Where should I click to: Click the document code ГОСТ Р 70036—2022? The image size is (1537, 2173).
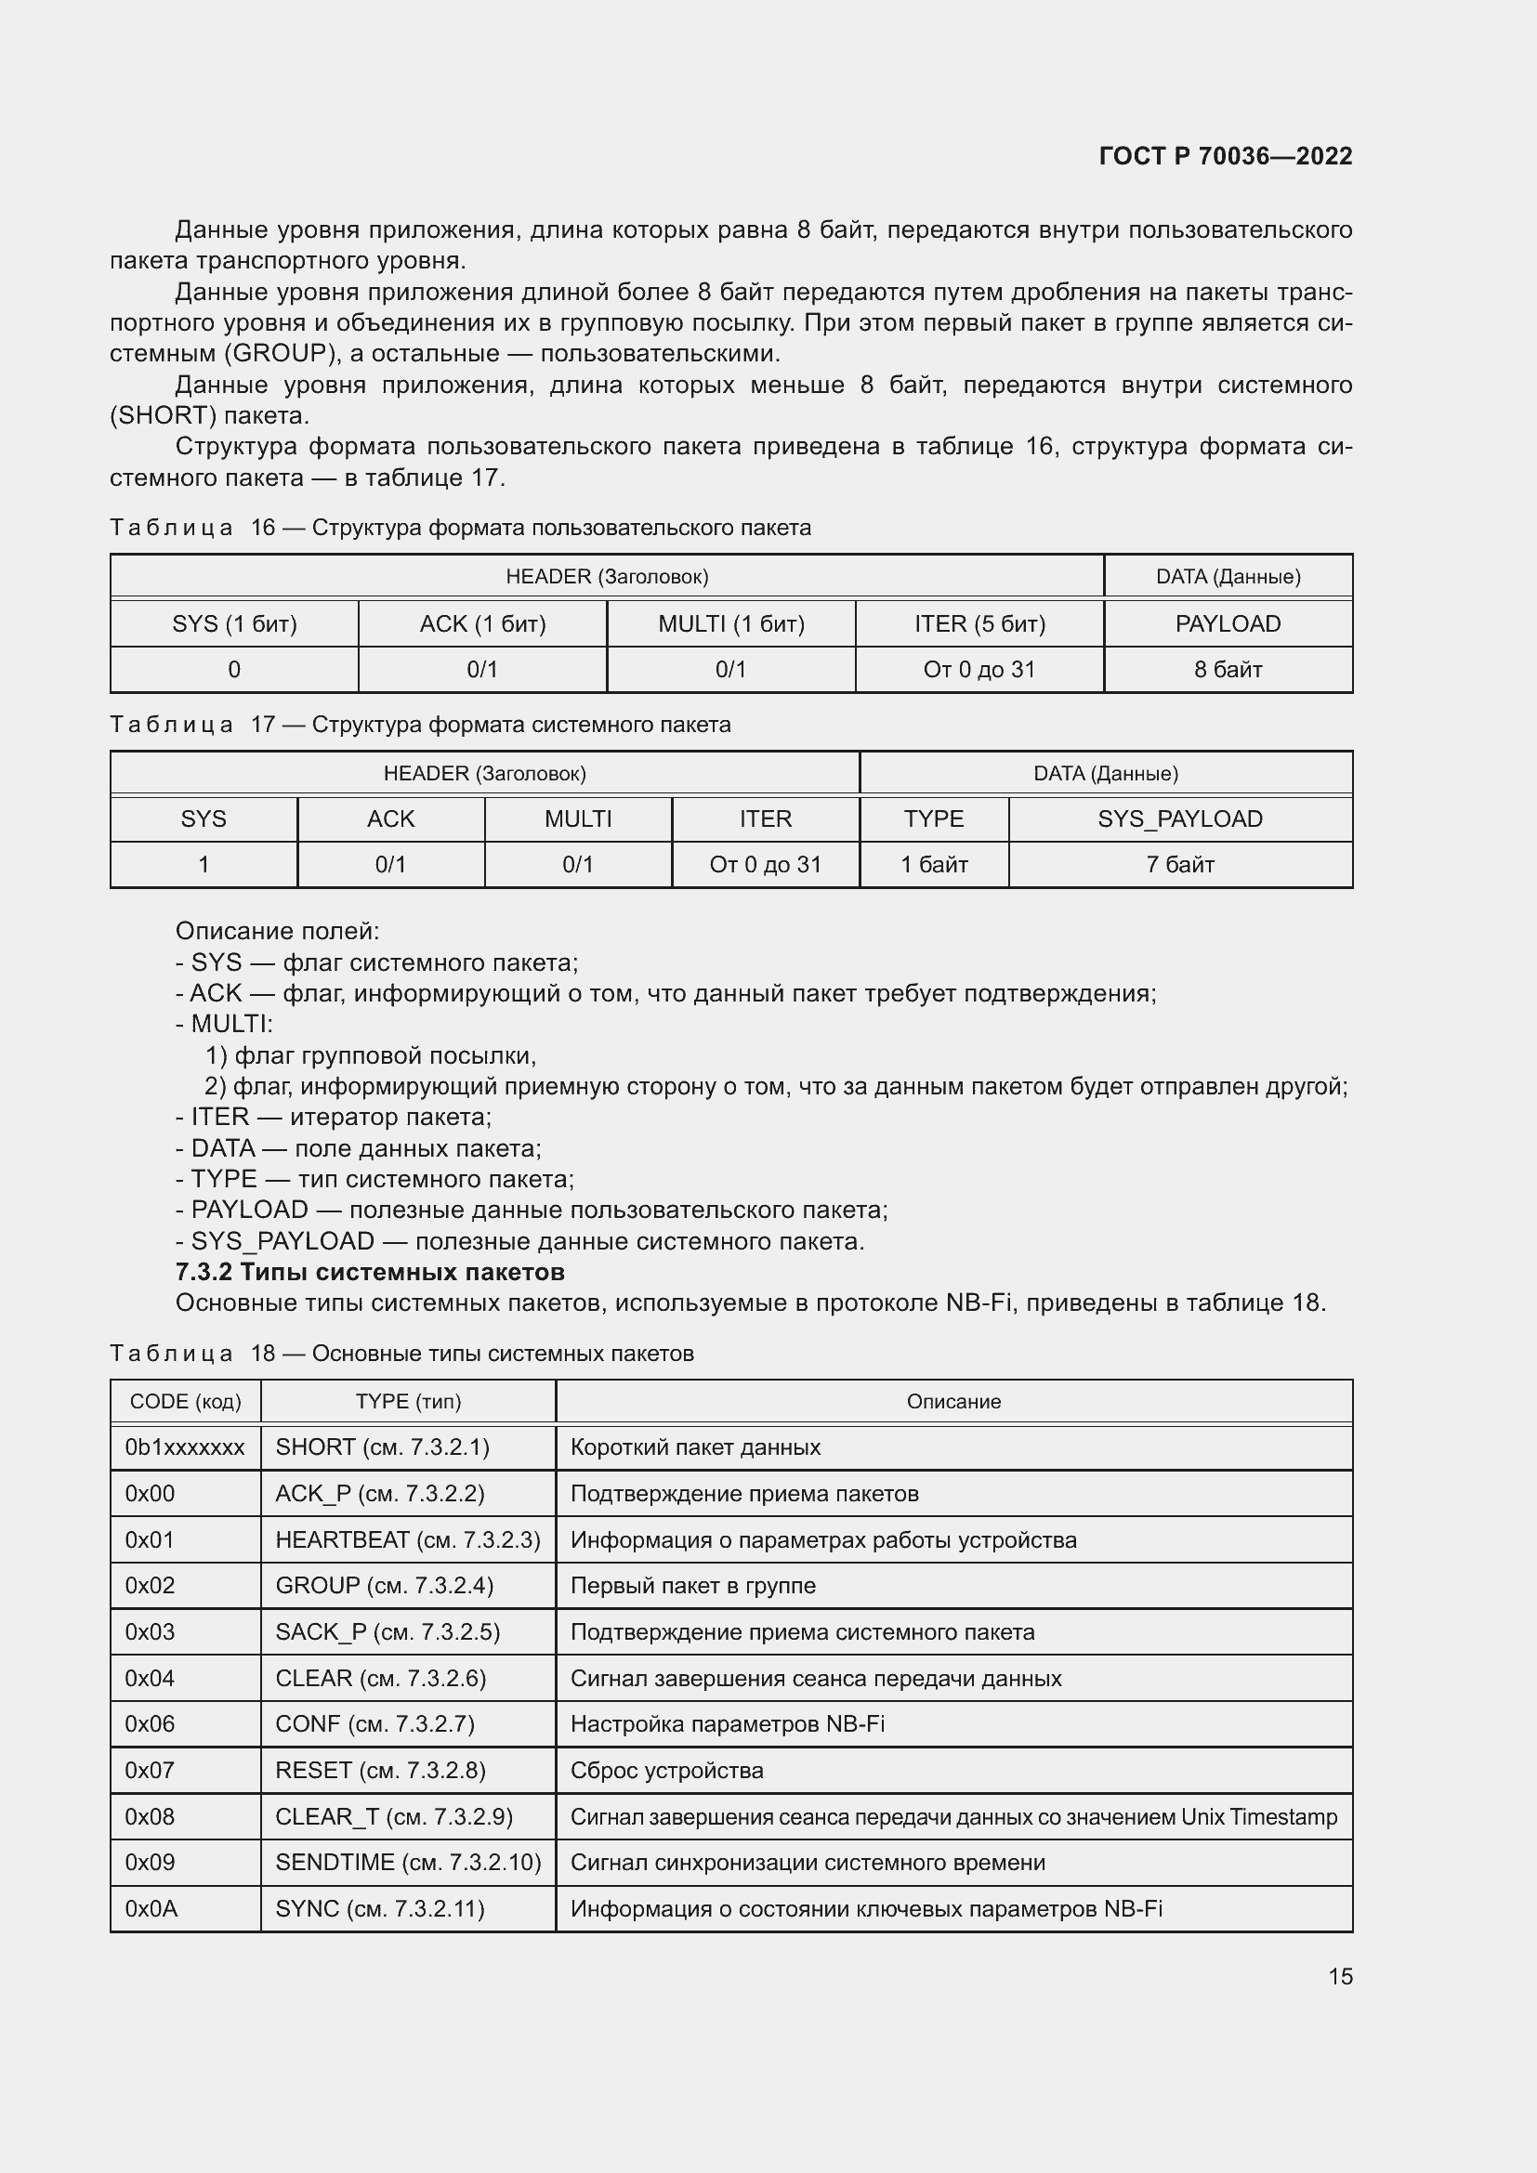(1225, 156)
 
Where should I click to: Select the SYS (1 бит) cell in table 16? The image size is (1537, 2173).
(234, 623)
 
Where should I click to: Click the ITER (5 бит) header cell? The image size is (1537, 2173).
(979, 623)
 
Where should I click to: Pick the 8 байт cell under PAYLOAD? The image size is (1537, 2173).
(1228, 669)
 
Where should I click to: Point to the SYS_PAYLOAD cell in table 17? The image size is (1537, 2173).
(1179, 818)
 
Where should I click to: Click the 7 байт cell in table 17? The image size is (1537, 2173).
(1179, 864)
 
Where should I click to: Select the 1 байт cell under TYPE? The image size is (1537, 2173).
(933, 864)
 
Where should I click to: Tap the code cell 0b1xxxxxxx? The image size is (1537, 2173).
(185, 1447)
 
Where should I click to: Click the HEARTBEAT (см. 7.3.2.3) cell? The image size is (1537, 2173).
(407, 1539)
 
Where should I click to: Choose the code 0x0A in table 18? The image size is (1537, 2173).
(151, 1909)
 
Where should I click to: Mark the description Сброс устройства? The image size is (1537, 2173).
(666, 1770)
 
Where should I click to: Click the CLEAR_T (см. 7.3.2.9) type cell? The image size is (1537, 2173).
(394, 1816)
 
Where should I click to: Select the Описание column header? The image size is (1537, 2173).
(953, 1402)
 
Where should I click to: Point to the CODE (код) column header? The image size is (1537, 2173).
(185, 1402)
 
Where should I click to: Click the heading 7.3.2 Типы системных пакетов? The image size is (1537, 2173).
(370, 1271)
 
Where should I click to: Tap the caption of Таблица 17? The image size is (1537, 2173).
(420, 724)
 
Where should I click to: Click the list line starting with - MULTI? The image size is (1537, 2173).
(224, 1024)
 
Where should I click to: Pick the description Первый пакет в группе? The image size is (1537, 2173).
(693, 1585)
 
